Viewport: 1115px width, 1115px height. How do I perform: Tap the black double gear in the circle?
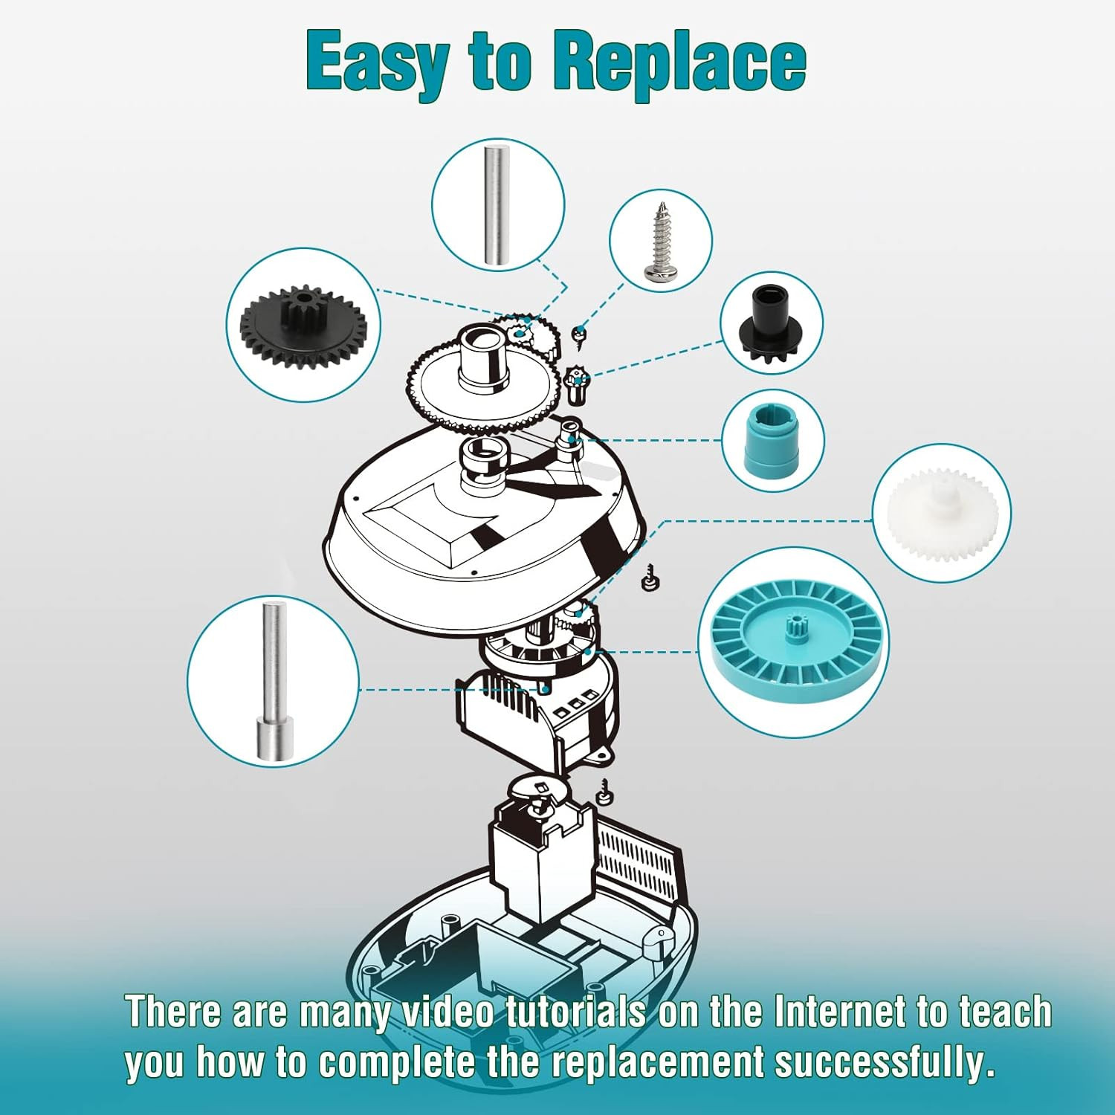point(303,325)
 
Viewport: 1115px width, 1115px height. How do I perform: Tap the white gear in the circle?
point(941,513)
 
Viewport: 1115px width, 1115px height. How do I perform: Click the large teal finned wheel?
point(794,643)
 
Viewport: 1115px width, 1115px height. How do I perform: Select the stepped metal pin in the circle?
point(274,681)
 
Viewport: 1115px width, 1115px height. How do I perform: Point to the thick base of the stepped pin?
point(275,739)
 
